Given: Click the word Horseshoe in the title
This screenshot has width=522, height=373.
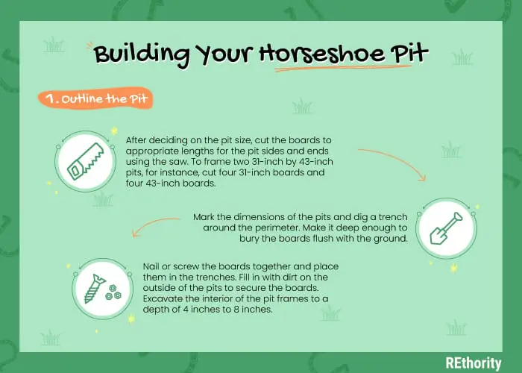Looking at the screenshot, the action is (x=322, y=54).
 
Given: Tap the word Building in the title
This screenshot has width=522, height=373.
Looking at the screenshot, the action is (x=141, y=54).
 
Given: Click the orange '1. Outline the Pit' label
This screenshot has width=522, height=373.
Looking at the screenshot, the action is (x=95, y=98).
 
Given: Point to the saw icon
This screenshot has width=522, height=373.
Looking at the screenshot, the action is (x=86, y=162).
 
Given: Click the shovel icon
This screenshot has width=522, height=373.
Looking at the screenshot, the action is (x=446, y=228).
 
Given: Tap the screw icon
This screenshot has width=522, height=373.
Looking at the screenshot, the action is (x=102, y=289).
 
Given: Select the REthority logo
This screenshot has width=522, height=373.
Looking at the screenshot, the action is (x=474, y=363).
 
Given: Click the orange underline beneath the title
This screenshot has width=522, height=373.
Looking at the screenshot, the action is (x=343, y=69).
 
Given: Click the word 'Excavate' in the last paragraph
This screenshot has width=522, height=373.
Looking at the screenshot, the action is (x=160, y=298).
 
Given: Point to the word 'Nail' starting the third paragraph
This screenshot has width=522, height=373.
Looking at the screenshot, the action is (x=150, y=266).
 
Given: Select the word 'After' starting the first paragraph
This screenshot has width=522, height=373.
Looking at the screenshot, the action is (x=136, y=140).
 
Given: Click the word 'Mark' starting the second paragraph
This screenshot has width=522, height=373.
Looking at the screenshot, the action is (x=204, y=217).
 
